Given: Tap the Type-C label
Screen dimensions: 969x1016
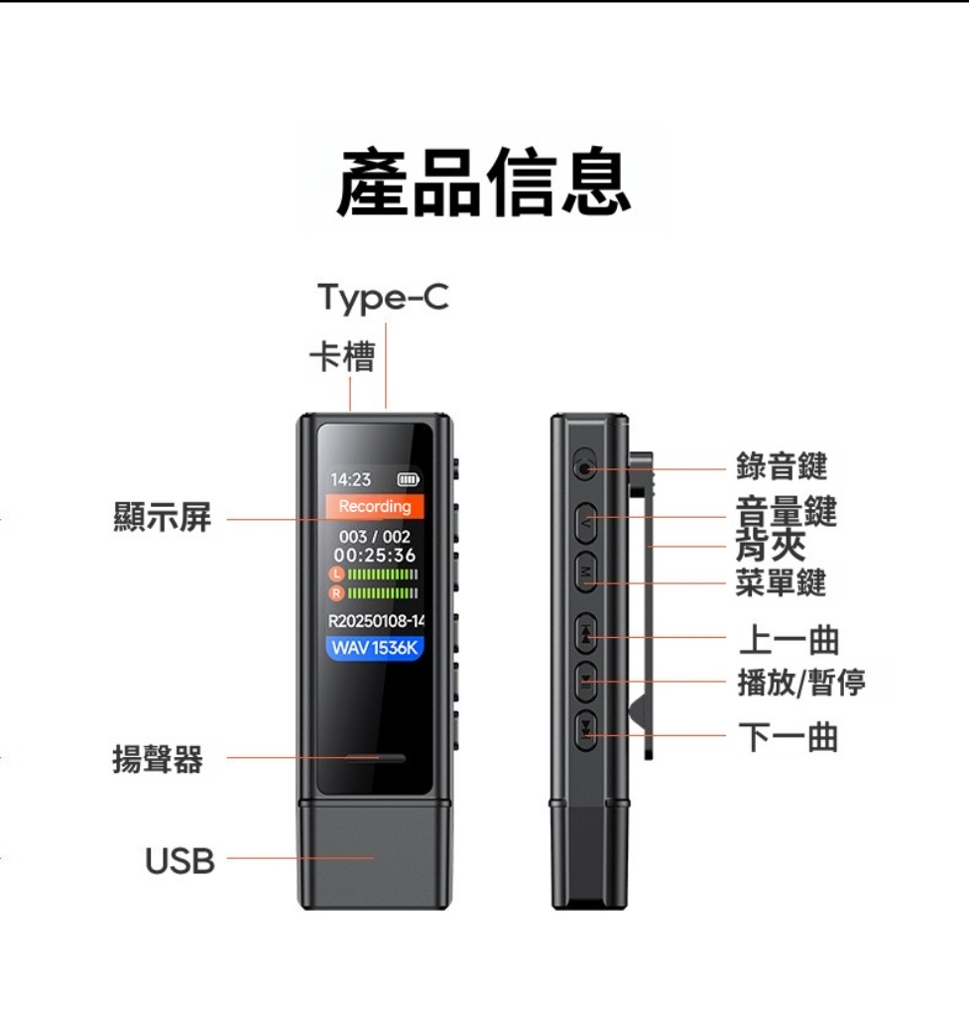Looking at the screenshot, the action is pyautogui.click(x=383, y=299).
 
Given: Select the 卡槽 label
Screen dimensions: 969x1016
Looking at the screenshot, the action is pyautogui.click(x=342, y=356).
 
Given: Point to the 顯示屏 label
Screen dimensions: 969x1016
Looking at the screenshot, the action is pyautogui.click(x=163, y=517).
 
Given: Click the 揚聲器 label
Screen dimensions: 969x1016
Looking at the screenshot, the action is pyautogui.click(x=158, y=759).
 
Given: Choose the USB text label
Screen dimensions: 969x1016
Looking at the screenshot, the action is pyautogui.click(x=181, y=861).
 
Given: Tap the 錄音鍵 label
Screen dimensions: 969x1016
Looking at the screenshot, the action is pyautogui.click(x=782, y=466).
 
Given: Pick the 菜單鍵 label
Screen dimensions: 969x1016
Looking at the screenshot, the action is pyautogui.click(x=782, y=581).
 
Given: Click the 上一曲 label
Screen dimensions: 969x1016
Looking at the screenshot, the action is pyautogui.click(x=788, y=640).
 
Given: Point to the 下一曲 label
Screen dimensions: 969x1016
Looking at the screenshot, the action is pyautogui.click(x=788, y=737).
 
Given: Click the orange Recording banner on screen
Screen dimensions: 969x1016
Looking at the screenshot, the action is pyautogui.click(x=374, y=506).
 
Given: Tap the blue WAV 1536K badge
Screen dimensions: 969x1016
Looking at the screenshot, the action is pyautogui.click(x=374, y=647).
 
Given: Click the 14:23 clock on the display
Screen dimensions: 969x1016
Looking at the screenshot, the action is pyautogui.click(x=350, y=479).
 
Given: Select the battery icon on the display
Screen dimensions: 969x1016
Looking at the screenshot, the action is pyautogui.click(x=408, y=479).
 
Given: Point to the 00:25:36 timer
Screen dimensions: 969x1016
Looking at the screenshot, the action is pyautogui.click(x=374, y=556).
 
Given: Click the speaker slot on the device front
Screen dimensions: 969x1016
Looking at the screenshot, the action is pyautogui.click(x=375, y=758).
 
